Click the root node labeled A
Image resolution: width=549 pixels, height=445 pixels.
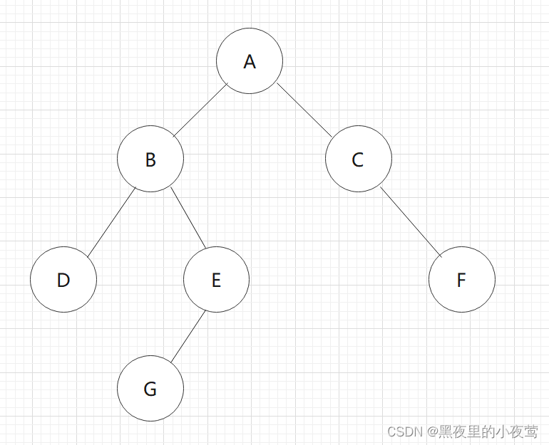click(x=250, y=61)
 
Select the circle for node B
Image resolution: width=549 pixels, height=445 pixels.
click(x=150, y=159)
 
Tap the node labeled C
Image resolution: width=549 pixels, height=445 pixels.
click(x=358, y=159)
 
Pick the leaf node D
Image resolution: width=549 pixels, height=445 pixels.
click(x=63, y=280)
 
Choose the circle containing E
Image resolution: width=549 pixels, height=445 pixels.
click(x=216, y=280)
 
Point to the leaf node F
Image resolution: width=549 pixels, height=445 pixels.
click(x=461, y=280)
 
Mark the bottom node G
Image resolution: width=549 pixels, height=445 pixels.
click(x=150, y=389)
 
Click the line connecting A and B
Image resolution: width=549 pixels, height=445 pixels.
click(x=200, y=110)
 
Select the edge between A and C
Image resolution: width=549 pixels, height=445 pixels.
click(x=304, y=110)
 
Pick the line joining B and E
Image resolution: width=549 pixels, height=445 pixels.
click(x=188, y=218)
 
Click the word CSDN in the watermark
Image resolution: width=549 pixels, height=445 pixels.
click(x=404, y=431)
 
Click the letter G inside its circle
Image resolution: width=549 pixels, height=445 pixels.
click(x=150, y=389)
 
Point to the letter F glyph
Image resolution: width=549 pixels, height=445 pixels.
click(x=461, y=281)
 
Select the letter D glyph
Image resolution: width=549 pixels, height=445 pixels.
click(x=63, y=281)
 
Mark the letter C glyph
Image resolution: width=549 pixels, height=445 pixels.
click(x=358, y=160)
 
